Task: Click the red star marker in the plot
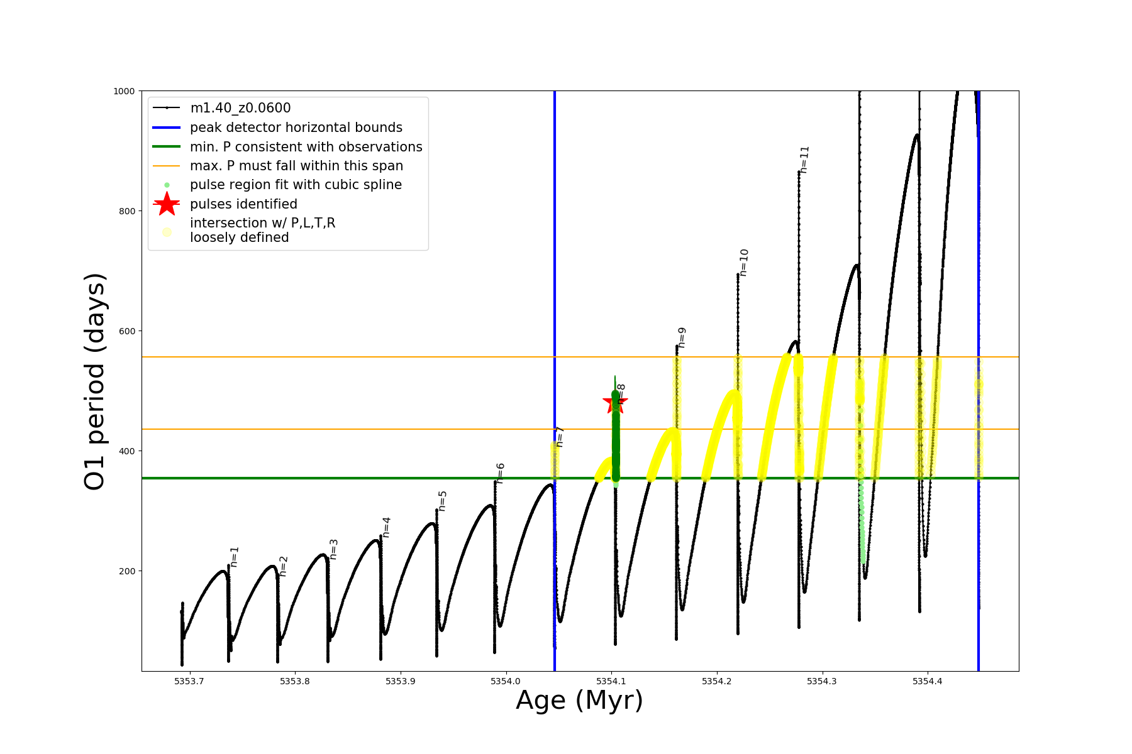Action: coord(614,403)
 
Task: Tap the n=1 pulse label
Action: coord(235,557)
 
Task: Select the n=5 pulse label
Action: coord(443,501)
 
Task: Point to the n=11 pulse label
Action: coord(805,160)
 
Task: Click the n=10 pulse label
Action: coord(744,263)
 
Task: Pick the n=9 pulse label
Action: coord(682,337)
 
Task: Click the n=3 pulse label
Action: coord(334,549)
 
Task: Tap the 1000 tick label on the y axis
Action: coord(124,91)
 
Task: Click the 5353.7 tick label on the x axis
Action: coord(189,681)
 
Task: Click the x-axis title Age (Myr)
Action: coord(579,701)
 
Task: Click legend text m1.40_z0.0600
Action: coord(240,108)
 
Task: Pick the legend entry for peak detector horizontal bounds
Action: coord(296,128)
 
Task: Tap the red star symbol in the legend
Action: coord(167,204)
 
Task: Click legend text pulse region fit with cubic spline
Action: coord(296,185)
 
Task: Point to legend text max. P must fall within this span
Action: coord(296,166)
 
